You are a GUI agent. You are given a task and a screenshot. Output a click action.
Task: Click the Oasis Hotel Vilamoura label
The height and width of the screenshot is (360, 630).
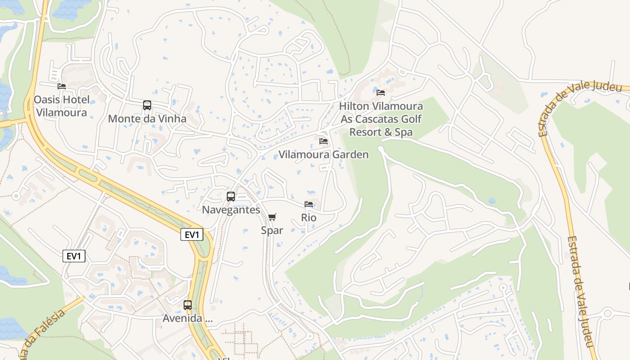point(62,106)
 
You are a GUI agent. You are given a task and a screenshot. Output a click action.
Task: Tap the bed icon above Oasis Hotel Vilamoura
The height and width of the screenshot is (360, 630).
point(62,86)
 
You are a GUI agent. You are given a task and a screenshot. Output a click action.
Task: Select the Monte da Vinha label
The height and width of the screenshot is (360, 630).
point(147,119)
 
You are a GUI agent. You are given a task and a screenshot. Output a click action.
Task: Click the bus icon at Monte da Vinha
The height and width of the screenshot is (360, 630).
point(147,105)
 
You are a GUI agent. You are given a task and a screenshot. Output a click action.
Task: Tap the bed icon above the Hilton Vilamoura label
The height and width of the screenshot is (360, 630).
point(381,93)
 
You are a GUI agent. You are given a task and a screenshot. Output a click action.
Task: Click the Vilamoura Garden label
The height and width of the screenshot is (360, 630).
point(323,155)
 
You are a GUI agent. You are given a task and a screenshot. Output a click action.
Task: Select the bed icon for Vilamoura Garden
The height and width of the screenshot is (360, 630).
point(323,141)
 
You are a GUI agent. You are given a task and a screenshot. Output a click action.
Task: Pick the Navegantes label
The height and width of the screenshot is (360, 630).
point(231,210)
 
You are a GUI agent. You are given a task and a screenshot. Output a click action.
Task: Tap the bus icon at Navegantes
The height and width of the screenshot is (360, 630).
point(231,197)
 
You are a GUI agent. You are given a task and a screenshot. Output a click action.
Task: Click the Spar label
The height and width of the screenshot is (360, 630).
point(272,230)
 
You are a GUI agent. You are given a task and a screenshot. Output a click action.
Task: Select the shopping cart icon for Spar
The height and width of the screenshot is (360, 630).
point(272,217)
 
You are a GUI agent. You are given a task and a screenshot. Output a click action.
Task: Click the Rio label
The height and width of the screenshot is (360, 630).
point(309,218)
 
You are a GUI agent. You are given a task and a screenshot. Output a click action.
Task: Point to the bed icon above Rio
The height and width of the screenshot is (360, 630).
point(309,204)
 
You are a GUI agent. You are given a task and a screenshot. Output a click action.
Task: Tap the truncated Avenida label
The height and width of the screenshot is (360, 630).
point(187,319)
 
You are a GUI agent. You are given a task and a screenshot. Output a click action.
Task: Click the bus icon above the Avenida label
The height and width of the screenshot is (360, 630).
point(188,305)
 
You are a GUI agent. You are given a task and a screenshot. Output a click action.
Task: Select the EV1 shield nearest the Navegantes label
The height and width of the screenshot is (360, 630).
point(192,234)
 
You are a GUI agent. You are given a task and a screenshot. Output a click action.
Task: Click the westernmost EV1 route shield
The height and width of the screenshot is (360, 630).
point(74,256)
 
